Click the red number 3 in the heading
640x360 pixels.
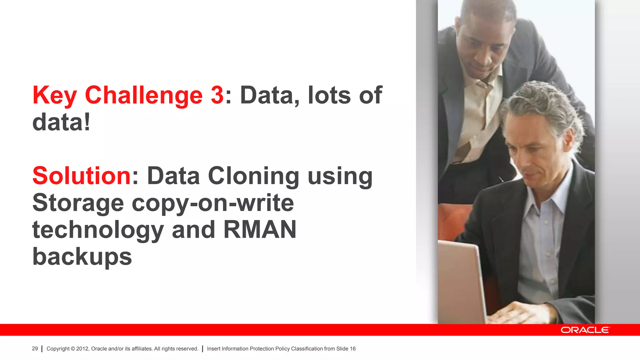click(217, 95)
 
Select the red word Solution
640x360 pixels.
click(82, 176)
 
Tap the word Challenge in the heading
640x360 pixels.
click(144, 95)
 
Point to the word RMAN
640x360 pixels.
click(260, 229)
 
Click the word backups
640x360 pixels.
click(82, 257)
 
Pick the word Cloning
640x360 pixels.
click(253, 176)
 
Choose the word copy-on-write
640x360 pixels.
click(213, 203)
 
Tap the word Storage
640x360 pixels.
click(78, 203)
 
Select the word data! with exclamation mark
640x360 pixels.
click(62, 122)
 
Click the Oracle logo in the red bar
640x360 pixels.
click(585, 330)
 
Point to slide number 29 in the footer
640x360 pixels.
click(35, 348)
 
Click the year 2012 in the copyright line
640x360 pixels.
click(82, 349)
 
